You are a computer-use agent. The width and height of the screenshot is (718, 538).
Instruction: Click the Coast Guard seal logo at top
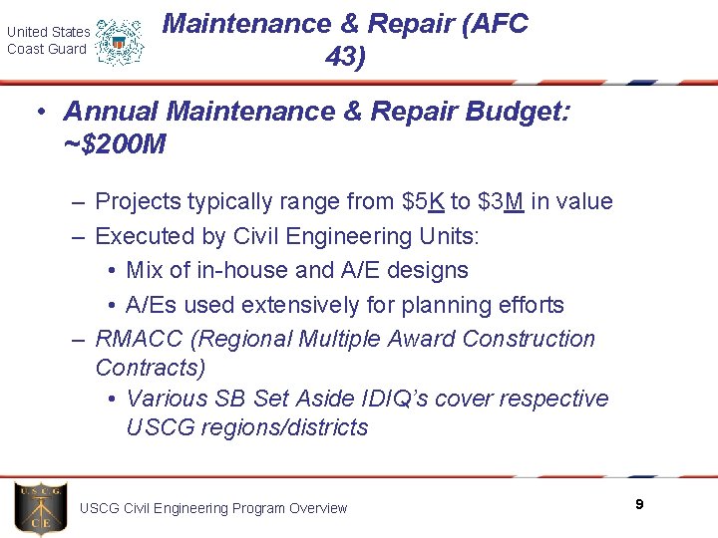tap(120, 42)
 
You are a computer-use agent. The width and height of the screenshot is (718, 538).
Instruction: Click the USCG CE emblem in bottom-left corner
tap(41, 508)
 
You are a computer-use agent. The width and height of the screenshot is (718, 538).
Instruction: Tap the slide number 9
tap(639, 505)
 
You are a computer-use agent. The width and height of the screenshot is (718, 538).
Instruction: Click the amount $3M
tap(501, 202)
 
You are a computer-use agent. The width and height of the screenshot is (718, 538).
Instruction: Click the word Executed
tap(139, 236)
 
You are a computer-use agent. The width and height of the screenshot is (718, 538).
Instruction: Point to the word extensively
tap(284, 305)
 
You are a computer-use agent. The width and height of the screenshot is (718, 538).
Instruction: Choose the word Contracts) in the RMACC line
tap(151, 369)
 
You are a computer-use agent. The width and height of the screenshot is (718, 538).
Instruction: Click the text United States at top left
tap(48, 32)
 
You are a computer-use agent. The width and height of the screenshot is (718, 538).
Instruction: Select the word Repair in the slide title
tap(421, 24)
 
